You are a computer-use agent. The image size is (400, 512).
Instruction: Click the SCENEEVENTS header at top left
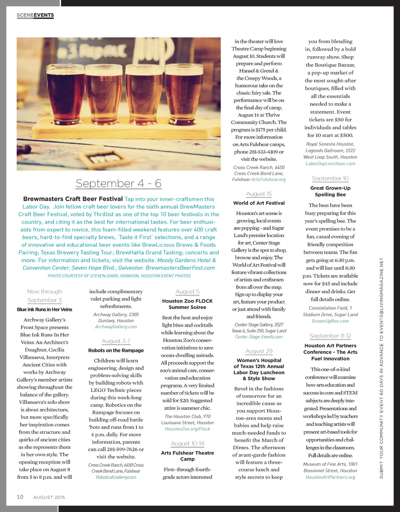click(35, 15)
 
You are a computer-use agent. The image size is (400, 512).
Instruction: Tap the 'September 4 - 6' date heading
click(118, 183)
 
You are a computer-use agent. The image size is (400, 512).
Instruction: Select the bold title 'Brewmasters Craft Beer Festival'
click(73, 199)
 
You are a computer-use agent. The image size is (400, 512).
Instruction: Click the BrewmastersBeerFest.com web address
click(180, 268)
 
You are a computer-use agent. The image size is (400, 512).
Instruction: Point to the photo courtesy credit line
click(119, 276)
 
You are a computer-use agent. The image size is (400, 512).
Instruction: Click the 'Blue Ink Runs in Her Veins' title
click(45, 309)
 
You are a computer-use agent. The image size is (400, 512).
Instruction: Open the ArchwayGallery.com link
click(116, 327)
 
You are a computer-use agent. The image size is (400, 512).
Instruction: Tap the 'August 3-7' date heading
click(116, 341)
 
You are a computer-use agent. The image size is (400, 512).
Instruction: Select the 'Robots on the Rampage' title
click(116, 350)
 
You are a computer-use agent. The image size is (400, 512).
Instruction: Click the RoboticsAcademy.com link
click(116, 477)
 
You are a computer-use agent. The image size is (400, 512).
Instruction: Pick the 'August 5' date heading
click(187, 292)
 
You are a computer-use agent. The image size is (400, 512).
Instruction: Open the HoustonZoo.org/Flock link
click(187, 429)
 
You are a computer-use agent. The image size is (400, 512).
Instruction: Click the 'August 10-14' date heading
click(187, 443)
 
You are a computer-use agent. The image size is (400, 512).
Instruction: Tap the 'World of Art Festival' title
click(259, 203)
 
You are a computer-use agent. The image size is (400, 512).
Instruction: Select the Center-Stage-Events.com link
click(259, 337)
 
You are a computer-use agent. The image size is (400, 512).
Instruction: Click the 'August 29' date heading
click(259, 351)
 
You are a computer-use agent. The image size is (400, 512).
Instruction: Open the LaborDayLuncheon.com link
click(330, 164)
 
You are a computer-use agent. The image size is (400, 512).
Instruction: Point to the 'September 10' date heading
click(330, 178)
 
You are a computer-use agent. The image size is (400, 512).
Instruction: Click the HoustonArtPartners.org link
click(330, 477)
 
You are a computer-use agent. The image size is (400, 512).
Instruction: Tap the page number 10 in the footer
click(20, 497)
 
